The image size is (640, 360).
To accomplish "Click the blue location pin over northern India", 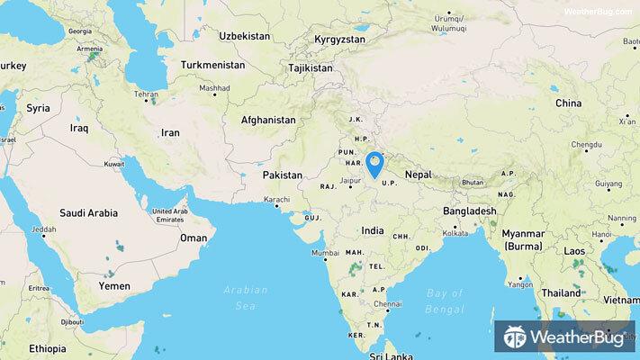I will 375,164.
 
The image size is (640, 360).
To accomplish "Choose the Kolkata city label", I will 454,232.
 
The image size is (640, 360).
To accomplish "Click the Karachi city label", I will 277,199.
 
